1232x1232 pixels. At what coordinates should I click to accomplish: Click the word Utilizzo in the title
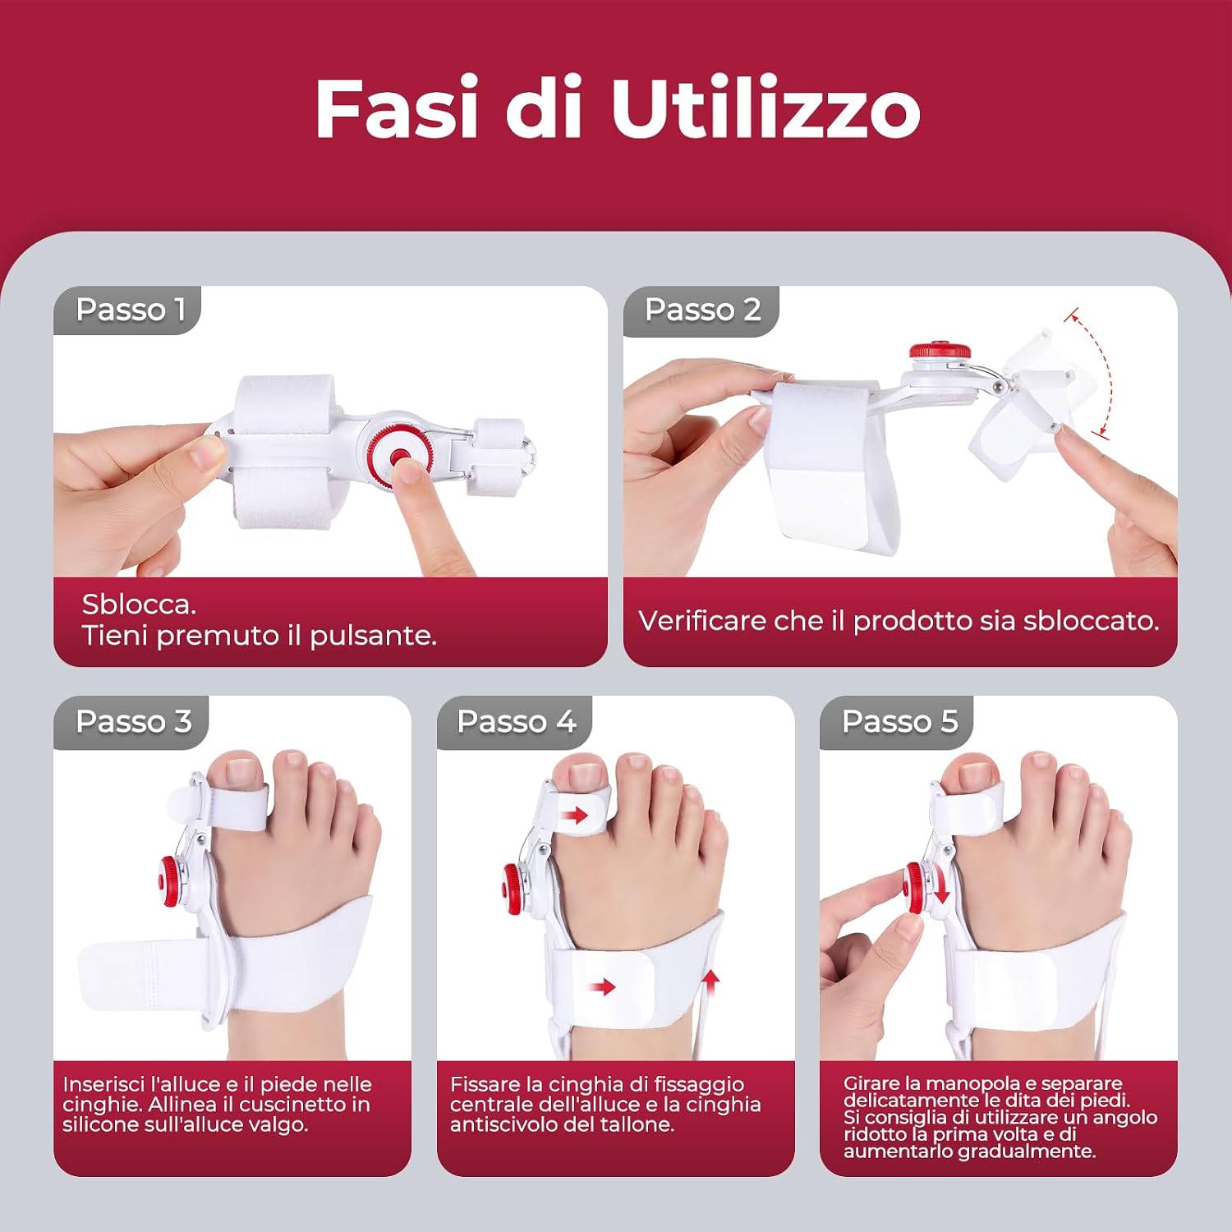[x=765, y=108]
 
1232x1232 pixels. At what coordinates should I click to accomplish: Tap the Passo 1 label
[x=131, y=310]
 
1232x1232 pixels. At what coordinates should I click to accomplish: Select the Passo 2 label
[x=703, y=310]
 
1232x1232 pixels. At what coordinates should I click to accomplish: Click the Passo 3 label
[x=134, y=721]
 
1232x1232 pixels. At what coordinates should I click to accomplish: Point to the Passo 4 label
[x=517, y=721]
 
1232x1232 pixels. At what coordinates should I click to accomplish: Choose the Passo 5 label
[x=900, y=721]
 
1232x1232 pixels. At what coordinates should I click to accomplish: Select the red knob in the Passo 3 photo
[x=168, y=881]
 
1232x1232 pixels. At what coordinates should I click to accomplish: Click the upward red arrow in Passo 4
[x=711, y=981]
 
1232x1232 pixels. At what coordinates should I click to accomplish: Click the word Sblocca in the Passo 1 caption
[x=136, y=605]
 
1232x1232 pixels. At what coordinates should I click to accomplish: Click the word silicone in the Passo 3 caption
[x=99, y=1124]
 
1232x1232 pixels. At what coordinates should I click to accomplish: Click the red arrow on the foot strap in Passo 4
[x=602, y=986]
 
